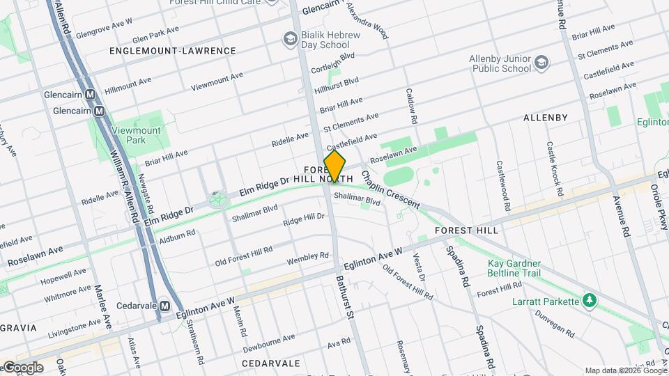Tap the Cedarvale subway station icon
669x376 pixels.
click(x=164, y=306)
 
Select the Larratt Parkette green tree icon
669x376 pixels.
click(x=590, y=301)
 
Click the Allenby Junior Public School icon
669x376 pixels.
click(x=541, y=64)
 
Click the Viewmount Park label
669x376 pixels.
click(x=136, y=135)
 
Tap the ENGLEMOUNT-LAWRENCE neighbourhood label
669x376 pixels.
click(x=173, y=51)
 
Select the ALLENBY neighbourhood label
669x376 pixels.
click(x=545, y=118)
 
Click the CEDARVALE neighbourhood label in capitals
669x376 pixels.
click(x=270, y=363)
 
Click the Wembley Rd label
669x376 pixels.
click(x=307, y=259)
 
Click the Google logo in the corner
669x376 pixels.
click(x=22, y=367)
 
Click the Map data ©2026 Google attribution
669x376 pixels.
click(x=625, y=370)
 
